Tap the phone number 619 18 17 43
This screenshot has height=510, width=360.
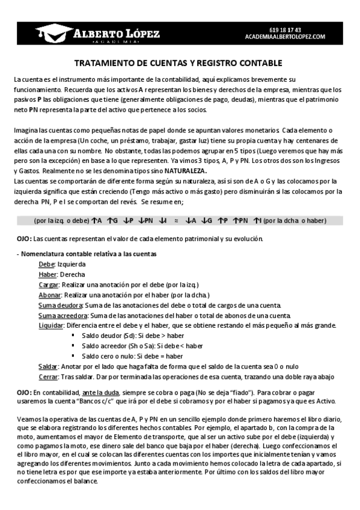click(285, 29)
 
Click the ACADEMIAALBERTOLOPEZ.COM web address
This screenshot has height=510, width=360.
click(285, 37)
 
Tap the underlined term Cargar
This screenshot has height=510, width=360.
click(49, 284)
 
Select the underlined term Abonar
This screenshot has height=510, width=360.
click(49, 295)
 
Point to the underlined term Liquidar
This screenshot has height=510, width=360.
click(50, 325)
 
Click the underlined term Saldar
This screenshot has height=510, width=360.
click(47, 366)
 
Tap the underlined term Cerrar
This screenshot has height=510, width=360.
click(47, 376)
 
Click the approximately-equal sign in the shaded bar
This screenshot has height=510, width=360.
click(176, 221)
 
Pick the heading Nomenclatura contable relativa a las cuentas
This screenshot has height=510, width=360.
click(88, 254)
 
